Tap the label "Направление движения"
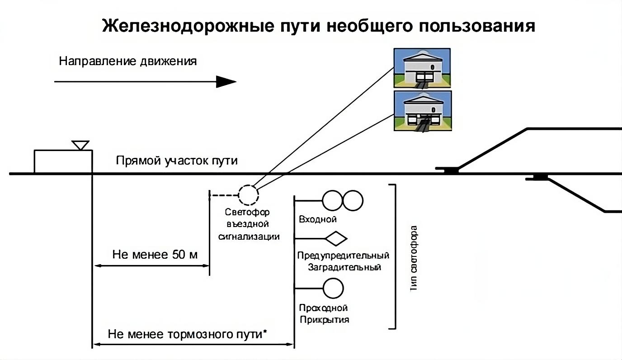click(x=128, y=62)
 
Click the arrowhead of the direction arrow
click(x=226, y=82)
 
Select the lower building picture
click(x=422, y=111)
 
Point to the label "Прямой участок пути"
click(x=177, y=161)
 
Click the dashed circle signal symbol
click(x=248, y=195)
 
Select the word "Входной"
click(x=318, y=220)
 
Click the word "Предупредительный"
click(x=343, y=256)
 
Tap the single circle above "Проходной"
click(x=333, y=288)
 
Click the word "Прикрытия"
click(x=324, y=320)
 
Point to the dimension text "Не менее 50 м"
click(x=155, y=255)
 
